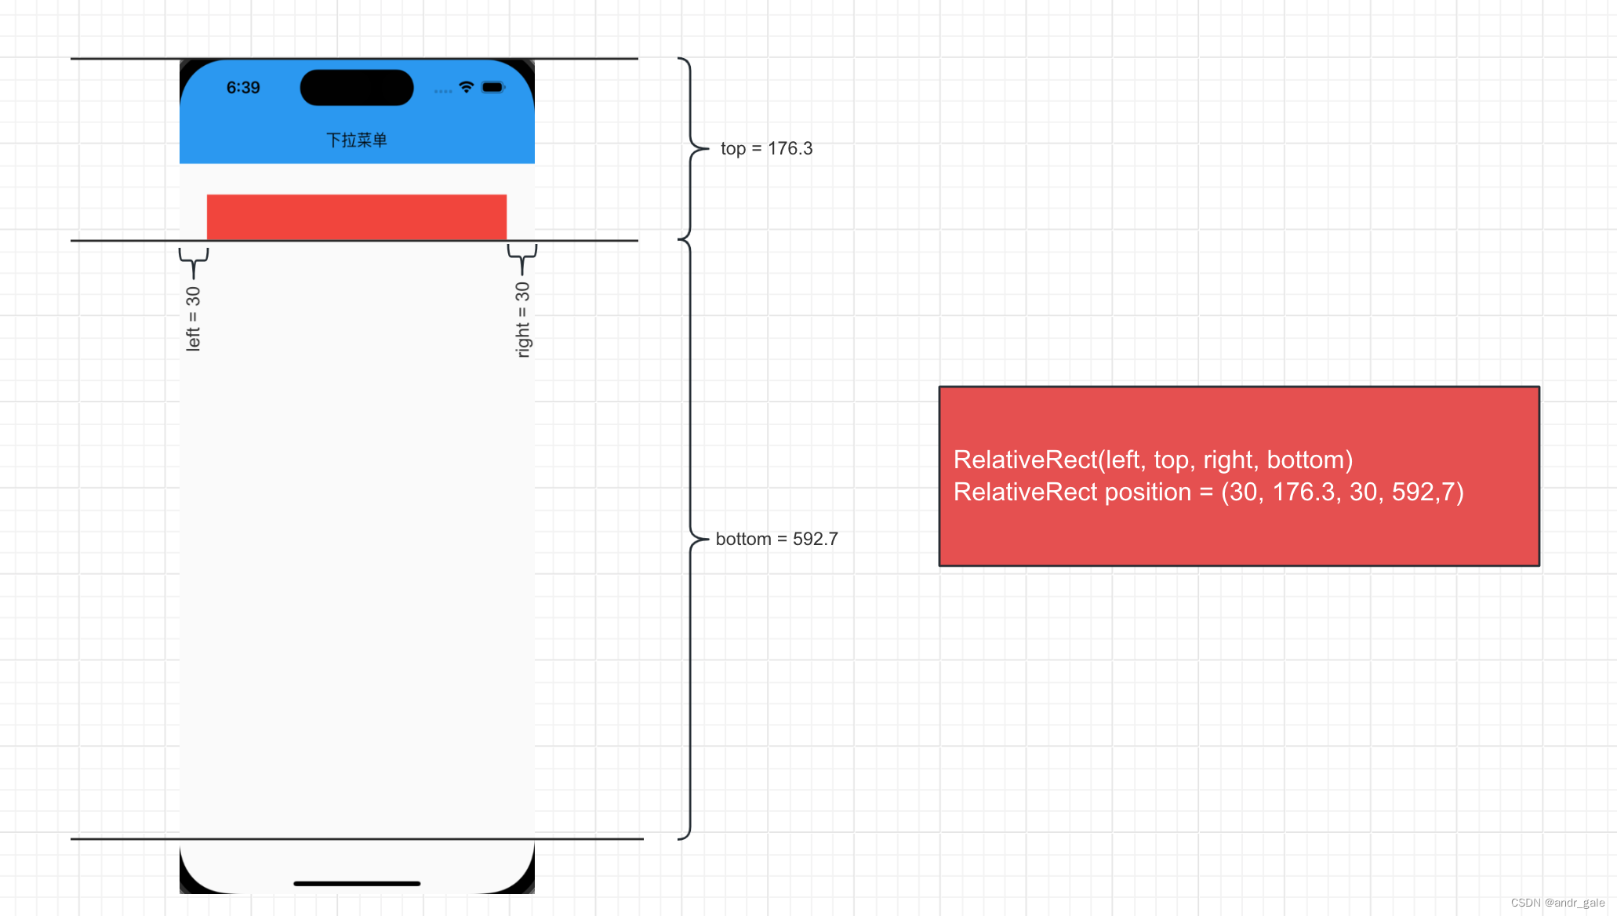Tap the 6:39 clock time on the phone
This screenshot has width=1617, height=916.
click(x=243, y=88)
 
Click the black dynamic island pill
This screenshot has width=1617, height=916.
click(x=357, y=88)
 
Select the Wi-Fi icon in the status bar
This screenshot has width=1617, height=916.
click(x=467, y=87)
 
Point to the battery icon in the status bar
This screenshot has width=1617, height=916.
click(x=492, y=87)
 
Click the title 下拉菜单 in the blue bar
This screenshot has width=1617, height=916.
click(x=357, y=140)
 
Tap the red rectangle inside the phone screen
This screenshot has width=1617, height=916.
click(x=357, y=216)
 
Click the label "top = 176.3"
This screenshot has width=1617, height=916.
click(x=766, y=148)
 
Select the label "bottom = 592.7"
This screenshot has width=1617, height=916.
click(x=776, y=539)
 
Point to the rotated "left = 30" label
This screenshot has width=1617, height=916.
click(x=193, y=318)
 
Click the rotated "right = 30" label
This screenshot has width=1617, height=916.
click(x=522, y=319)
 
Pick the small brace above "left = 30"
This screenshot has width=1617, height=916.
click(x=194, y=261)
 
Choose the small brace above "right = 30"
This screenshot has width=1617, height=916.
click(x=522, y=258)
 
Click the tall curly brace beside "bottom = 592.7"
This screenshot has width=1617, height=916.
click(x=689, y=539)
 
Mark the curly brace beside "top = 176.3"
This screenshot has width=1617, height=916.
click(x=690, y=148)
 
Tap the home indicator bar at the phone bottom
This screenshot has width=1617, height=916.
click(x=357, y=884)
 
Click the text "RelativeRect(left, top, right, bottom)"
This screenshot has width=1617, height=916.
click(x=1153, y=460)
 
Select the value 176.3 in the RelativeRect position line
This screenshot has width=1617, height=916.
click(x=1303, y=492)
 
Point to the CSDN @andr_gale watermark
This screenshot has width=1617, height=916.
click(x=1557, y=903)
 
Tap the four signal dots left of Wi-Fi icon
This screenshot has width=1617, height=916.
click(x=443, y=92)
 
